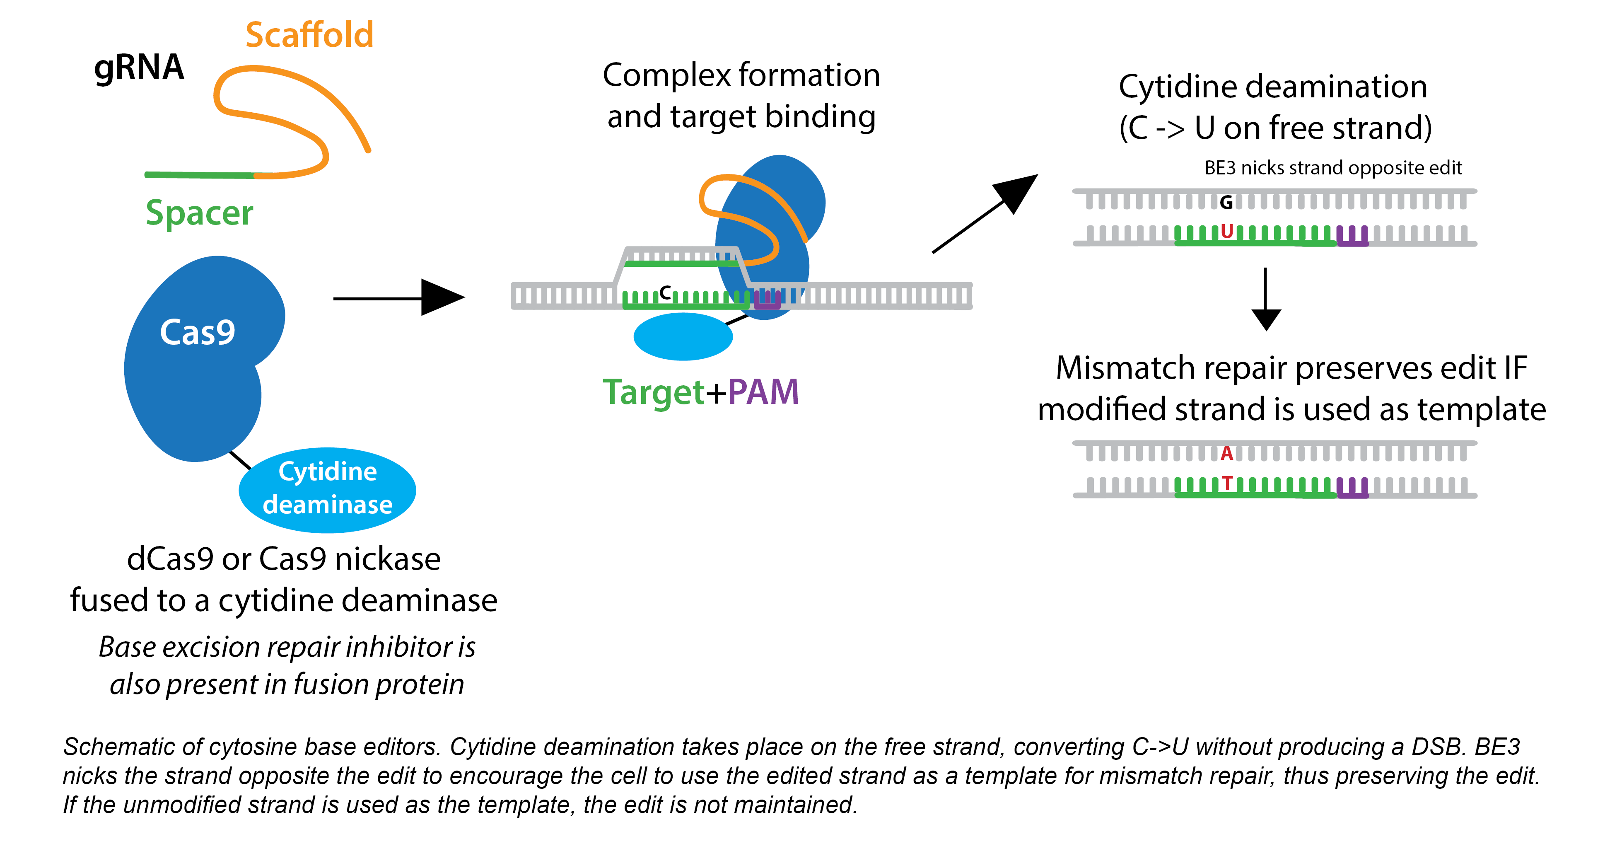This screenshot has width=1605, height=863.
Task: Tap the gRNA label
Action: tap(139, 67)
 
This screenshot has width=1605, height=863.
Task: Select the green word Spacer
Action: tap(199, 213)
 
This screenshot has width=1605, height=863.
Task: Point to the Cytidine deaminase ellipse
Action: tap(328, 490)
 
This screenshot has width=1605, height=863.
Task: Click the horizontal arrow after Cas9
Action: tap(399, 298)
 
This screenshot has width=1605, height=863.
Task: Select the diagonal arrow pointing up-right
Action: tap(985, 214)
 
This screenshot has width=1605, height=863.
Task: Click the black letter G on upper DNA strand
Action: tap(1226, 203)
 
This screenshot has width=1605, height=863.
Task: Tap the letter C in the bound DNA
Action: tap(666, 292)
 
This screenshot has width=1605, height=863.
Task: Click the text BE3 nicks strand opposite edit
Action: tap(1333, 168)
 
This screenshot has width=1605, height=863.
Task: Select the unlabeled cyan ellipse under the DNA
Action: tap(683, 336)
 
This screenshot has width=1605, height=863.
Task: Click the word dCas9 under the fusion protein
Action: tap(169, 558)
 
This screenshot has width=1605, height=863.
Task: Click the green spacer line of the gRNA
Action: tap(199, 175)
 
